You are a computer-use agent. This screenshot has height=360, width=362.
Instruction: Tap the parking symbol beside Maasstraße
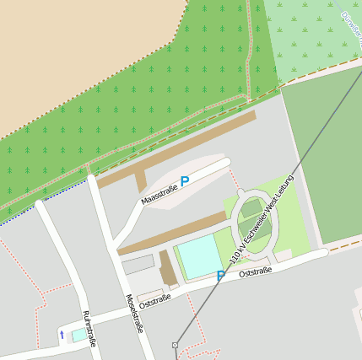tap(185, 180)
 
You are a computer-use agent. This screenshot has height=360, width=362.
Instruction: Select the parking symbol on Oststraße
tap(221, 276)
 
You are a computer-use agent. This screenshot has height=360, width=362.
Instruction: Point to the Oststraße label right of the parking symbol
tap(255, 272)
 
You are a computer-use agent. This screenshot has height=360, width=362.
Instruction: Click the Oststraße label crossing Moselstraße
tap(155, 299)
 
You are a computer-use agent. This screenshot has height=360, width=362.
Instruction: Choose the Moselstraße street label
tap(133, 314)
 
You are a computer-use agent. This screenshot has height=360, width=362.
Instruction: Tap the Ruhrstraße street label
tap(89, 329)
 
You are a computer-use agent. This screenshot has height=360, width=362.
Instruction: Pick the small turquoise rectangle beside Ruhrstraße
tap(78, 335)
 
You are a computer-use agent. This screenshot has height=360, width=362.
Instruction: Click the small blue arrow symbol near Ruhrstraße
tap(62, 335)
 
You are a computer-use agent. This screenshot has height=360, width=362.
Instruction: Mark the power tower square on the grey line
tap(176, 345)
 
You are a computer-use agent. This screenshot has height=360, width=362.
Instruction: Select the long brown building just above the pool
tap(173, 233)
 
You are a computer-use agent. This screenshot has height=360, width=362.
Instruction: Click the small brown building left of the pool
tap(168, 269)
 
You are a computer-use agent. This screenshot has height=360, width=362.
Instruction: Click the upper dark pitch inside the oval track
tap(252, 208)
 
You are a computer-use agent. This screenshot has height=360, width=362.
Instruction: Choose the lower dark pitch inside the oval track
tap(255, 239)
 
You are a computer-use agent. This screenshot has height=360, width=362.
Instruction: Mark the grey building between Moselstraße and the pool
tap(138, 265)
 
